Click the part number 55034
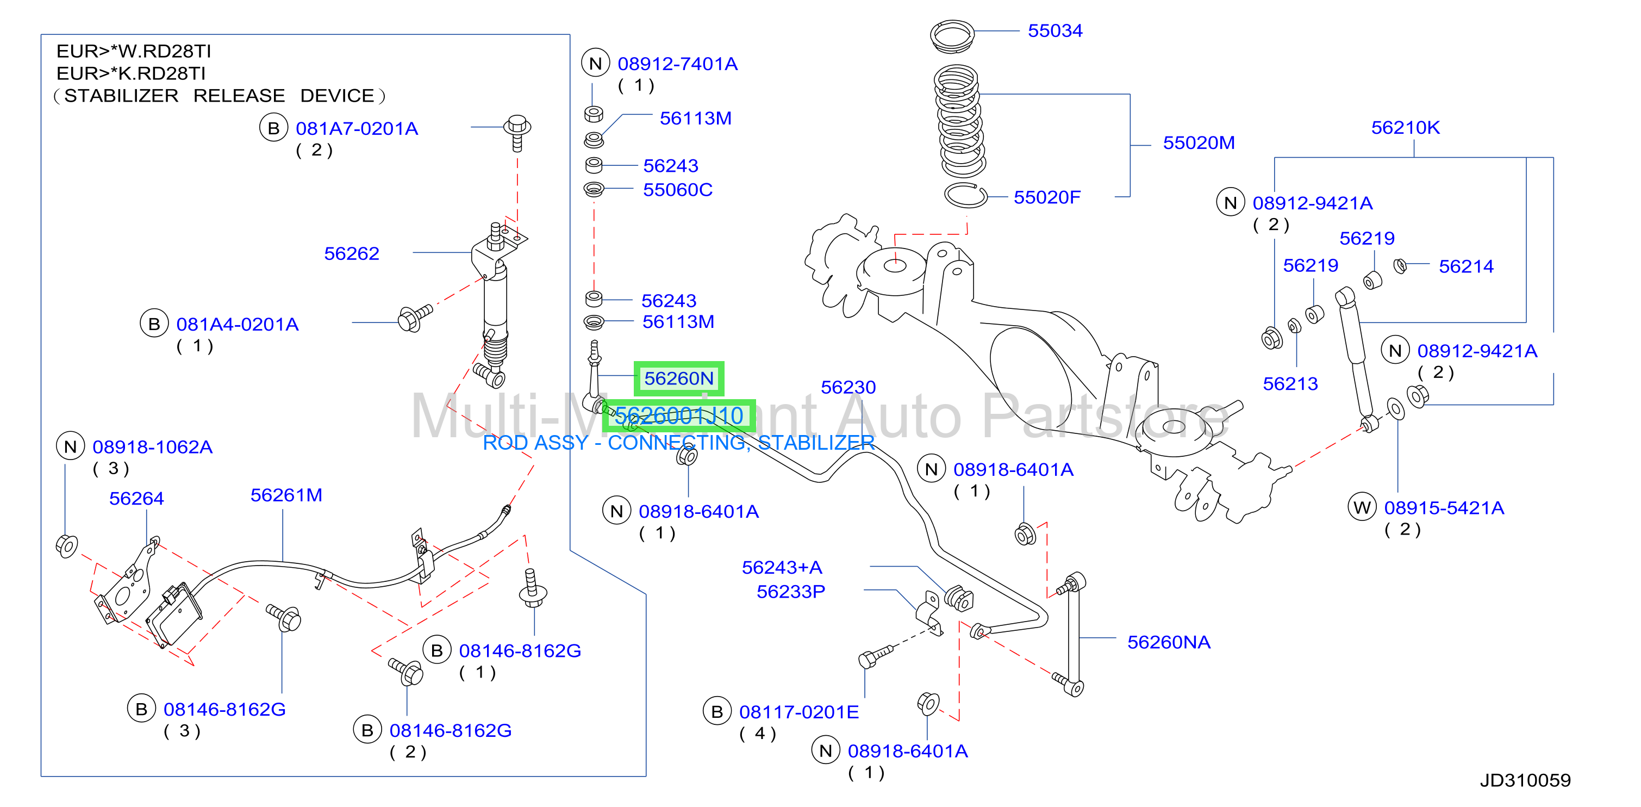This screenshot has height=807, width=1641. [1055, 30]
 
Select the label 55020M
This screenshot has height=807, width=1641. [1198, 143]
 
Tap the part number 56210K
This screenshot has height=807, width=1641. [1405, 127]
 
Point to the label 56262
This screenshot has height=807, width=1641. [352, 254]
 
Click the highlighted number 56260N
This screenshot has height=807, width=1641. [678, 378]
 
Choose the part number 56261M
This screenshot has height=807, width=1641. [286, 495]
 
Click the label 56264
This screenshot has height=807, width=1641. [136, 499]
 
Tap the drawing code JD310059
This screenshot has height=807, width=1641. [1525, 780]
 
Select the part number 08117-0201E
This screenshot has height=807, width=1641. [799, 712]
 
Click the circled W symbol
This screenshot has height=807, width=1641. [1362, 507]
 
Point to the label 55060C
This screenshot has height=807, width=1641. [677, 190]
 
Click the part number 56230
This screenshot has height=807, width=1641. [848, 388]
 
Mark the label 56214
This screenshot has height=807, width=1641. [1466, 266]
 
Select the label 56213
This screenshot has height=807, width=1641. [1290, 384]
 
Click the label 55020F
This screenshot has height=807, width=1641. [1047, 197]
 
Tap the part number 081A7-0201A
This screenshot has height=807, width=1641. [357, 129]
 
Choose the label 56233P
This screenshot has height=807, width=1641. [790, 592]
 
